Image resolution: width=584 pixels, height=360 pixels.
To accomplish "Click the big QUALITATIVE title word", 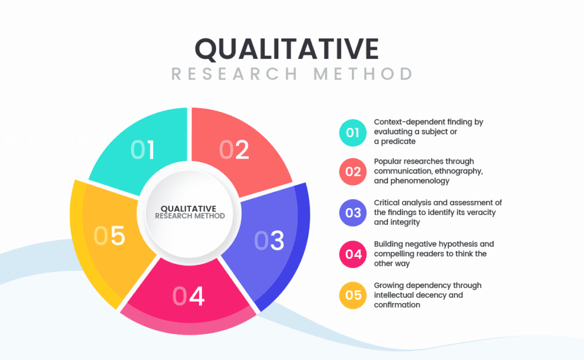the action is (x=287, y=50).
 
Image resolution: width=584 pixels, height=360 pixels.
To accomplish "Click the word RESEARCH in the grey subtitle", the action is (x=234, y=74).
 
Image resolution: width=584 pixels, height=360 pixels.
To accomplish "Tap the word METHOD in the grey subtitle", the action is (x=363, y=74).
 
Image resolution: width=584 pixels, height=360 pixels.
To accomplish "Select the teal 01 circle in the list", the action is (x=352, y=133).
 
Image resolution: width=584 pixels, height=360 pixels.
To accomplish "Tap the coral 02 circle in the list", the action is (x=352, y=171).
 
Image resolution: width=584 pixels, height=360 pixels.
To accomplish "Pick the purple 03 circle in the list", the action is (x=352, y=213).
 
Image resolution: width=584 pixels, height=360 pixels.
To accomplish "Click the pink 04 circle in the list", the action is (x=352, y=254).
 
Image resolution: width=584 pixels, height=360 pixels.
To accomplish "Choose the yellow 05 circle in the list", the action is (x=352, y=295).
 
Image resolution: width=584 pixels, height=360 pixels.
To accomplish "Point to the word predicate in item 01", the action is (x=398, y=141).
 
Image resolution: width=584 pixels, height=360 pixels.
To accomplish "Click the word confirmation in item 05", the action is (x=397, y=305).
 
